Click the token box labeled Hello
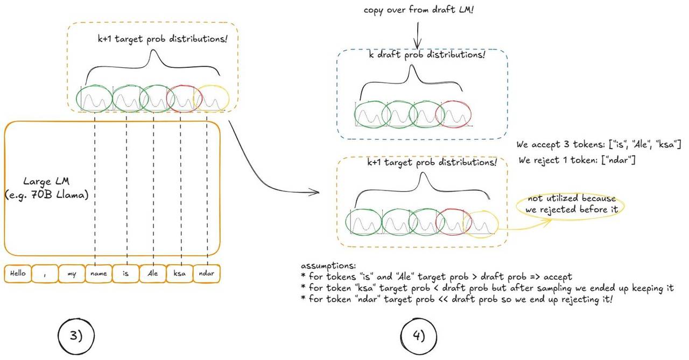click(18, 273)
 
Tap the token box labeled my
click(72, 273)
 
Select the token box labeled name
click(99, 273)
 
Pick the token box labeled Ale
click(152, 273)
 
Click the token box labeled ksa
click(179, 273)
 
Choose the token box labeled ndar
click(206, 273)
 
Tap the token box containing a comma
click(45, 273)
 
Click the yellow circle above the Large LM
click(213, 98)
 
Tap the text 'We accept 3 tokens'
click(599, 144)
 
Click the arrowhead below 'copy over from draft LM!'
click(416, 47)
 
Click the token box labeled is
click(125, 273)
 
